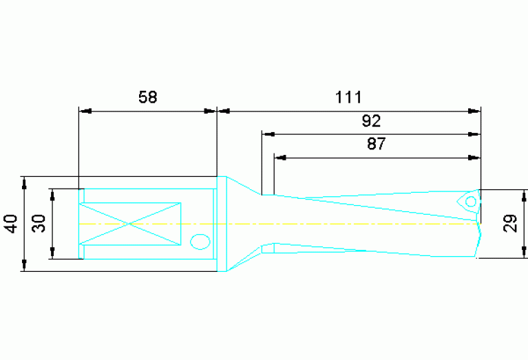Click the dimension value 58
pyautogui.click(x=148, y=98)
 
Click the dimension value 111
pyautogui.click(x=348, y=97)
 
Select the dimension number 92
pyautogui.click(x=371, y=122)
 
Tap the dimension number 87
pyautogui.click(x=377, y=145)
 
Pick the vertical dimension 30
pyautogui.click(x=39, y=224)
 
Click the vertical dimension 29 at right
pyautogui.click(x=510, y=224)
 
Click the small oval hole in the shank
pyautogui.click(x=200, y=242)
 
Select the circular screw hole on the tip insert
pyautogui.click(x=470, y=202)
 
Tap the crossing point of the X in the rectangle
pyautogui.click(x=130, y=223)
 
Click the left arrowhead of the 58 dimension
pyautogui.click(x=85, y=110)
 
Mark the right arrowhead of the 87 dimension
pyautogui.click(x=474, y=158)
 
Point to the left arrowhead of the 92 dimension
pyautogui.click(x=267, y=134)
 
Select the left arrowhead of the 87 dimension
pyautogui.click(x=279, y=158)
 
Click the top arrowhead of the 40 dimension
pyautogui.click(x=24, y=182)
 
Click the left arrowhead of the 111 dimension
pyautogui.click(x=222, y=110)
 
